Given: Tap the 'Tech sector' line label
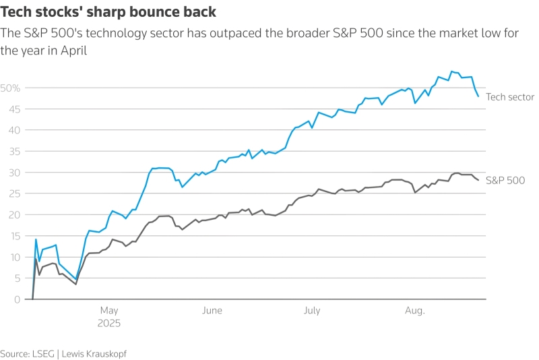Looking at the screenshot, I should point(510,97).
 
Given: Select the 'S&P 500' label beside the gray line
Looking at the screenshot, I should point(505,180).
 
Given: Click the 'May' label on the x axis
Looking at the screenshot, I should point(109,311).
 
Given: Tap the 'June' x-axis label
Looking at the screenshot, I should point(212,311).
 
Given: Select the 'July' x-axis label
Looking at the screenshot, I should point(311,311).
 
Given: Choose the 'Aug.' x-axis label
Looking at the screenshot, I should point(415,311).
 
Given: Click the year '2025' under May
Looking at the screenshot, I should point(109,324).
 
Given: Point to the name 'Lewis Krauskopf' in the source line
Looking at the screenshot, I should point(94,353).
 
